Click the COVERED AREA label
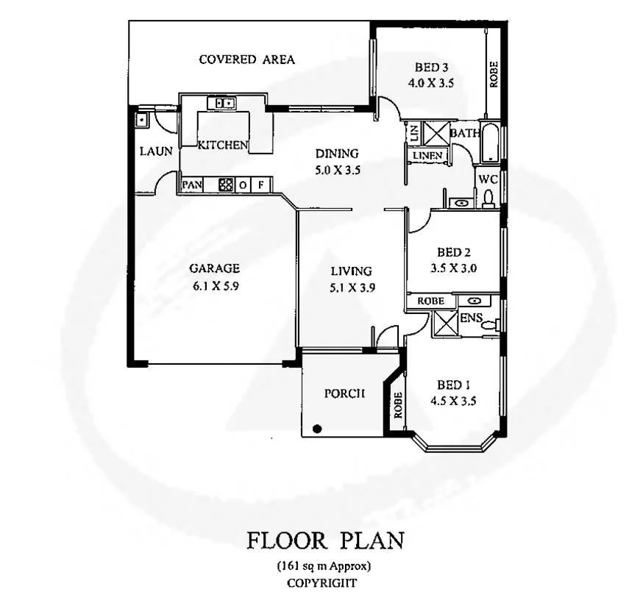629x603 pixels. (x=246, y=60)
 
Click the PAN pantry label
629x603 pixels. (x=191, y=185)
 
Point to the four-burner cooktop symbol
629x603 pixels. (x=226, y=185)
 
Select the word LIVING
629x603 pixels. (x=351, y=271)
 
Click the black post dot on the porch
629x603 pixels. (x=317, y=428)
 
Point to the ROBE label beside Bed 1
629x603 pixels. (x=397, y=405)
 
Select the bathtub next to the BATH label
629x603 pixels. (x=490, y=142)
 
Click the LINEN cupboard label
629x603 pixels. (x=427, y=156)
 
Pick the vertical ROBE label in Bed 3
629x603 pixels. (x=494, y=74)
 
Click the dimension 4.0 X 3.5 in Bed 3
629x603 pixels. (x=431, y=84)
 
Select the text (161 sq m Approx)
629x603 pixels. (x=324, y=566)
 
